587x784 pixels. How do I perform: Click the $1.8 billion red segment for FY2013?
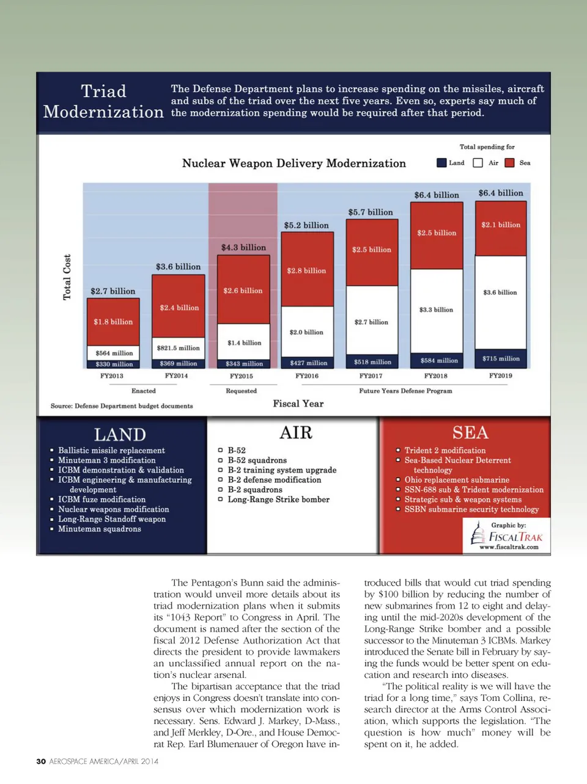[113, 322]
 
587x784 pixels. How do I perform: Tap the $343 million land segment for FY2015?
[243, 364]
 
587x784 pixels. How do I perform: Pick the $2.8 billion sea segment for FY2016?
[307, 270]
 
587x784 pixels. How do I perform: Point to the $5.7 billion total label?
[371, 212]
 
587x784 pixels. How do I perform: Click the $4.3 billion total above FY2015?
[243, 247]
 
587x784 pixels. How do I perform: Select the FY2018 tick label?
[435, 376]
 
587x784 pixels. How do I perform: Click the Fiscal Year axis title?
[298, 404]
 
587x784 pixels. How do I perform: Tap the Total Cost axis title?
[67, 277]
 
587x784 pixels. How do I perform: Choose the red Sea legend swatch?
[509, 163]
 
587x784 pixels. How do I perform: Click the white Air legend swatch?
[478, 163]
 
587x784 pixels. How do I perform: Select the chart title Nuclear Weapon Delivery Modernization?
[293, 164]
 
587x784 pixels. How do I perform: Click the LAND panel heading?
[120, 435]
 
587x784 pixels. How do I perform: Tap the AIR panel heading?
[296, 433]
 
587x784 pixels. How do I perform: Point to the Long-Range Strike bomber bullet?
[278, 499]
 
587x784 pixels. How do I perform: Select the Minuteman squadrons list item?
[99, 529]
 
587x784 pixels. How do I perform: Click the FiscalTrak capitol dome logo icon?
[478, 535]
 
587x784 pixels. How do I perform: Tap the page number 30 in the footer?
[41, 761]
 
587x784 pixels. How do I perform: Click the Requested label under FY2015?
[241, 391]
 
